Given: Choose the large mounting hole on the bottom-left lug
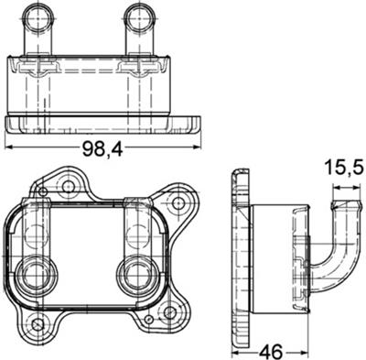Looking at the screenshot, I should [x=36, y=323].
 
